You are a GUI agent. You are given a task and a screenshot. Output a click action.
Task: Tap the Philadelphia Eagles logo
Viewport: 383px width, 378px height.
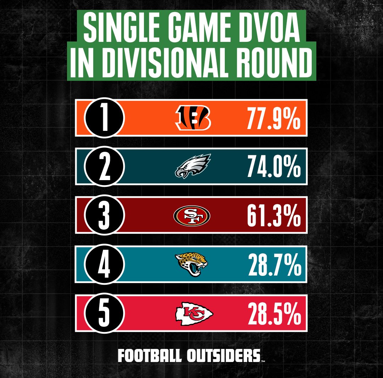[193, 166]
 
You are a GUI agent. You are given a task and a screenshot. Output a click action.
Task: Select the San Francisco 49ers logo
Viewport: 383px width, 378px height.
[192, 215]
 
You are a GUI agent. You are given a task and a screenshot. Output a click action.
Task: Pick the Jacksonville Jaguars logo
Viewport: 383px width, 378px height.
[192, 264]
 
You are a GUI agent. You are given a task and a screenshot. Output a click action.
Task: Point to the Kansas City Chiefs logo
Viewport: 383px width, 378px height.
[194, 313]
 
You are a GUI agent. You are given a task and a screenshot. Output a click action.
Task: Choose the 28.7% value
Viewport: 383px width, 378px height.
[274, 265]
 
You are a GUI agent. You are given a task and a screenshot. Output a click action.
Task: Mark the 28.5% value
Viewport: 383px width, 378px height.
[274, 313]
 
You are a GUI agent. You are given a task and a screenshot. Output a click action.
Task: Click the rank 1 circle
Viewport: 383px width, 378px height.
[104, 118]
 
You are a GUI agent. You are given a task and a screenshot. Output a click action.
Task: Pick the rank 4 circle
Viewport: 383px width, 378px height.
[104, 265]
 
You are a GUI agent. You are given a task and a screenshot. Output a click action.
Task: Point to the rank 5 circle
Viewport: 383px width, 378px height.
[104, 313]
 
